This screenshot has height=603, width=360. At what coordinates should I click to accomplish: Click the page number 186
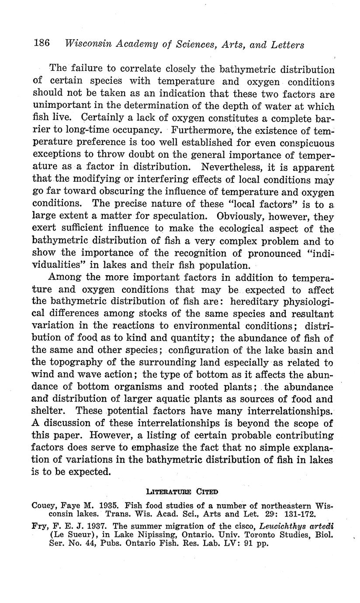click(x=42, y=43)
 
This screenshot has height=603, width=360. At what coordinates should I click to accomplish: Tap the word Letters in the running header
click(x=283, y=44)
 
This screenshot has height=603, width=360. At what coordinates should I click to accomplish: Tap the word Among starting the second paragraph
click(x=63, y=278)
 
